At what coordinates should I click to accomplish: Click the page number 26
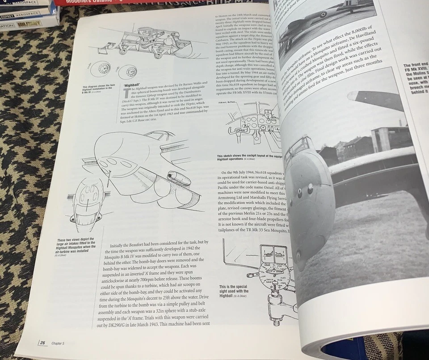click(42, 343)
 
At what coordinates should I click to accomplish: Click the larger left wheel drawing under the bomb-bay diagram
click(102, 69)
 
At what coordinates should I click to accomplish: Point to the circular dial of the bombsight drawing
click(274, 273)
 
